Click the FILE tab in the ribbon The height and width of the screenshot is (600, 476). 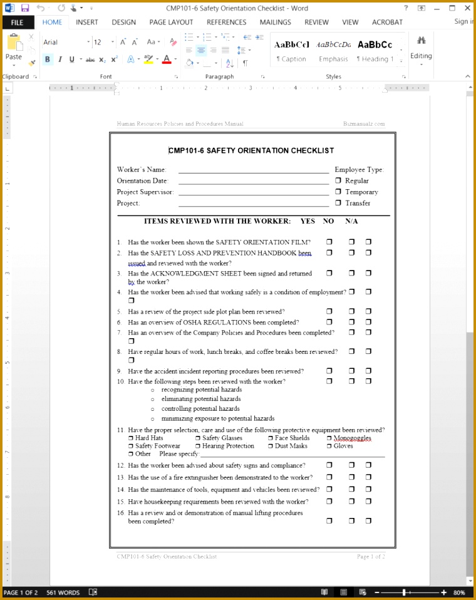(x=17, y=22)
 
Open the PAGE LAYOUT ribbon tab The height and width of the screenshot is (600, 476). (x=171, y=22)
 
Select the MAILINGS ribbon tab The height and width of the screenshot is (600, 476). (x=275, y=22)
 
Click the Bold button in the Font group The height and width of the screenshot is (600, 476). (x=48, y=59)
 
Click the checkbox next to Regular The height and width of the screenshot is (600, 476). (x=338, y=180)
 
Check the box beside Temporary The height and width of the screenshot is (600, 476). (x=338, y=192)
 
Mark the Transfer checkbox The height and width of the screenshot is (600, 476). (x=338, y=203)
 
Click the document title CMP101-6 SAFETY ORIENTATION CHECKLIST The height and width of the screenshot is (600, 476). (x=252, y=150)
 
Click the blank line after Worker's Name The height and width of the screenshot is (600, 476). (x=253, y=170)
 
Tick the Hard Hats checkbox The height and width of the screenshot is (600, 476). (x=131, y=438)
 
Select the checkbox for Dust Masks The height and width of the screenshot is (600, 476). (x=271, y=446)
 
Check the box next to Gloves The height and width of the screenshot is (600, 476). (x=329, y=446)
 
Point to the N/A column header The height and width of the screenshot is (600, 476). (x=351, y=221)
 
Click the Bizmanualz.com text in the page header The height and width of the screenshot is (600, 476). (x=364, y=124)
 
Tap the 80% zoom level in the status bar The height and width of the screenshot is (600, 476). (x=459, y=592)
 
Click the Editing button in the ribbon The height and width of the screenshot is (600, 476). (x=421, y=47)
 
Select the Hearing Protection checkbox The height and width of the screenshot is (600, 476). (x=198, y=446)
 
